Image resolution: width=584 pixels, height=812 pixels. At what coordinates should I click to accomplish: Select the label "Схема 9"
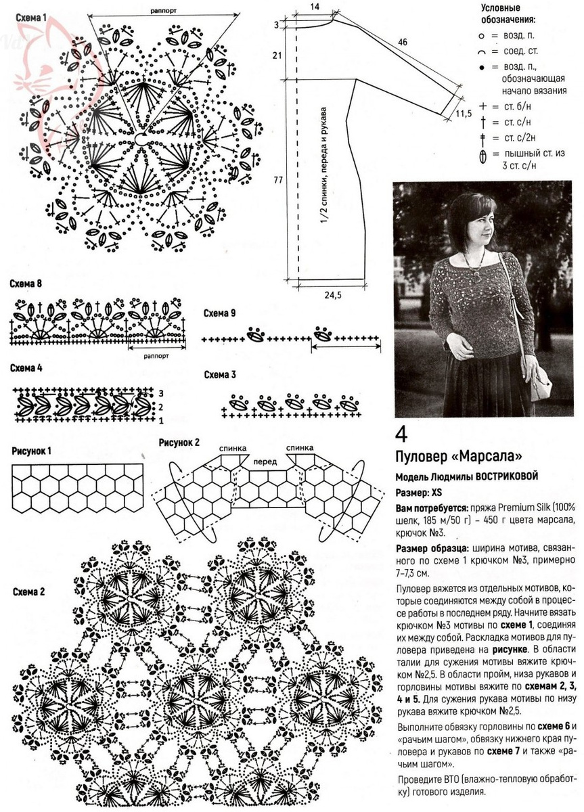click(x=220, y=313)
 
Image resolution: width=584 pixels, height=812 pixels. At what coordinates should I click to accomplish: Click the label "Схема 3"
click(x=220, y=374)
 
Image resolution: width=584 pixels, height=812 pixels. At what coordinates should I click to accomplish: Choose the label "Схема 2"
click(x=29, y=591)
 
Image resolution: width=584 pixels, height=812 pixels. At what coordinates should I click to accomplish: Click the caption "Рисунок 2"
click(x=179, y=443)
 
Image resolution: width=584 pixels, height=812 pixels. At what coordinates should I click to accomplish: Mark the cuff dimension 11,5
click(x=463, y=113)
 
